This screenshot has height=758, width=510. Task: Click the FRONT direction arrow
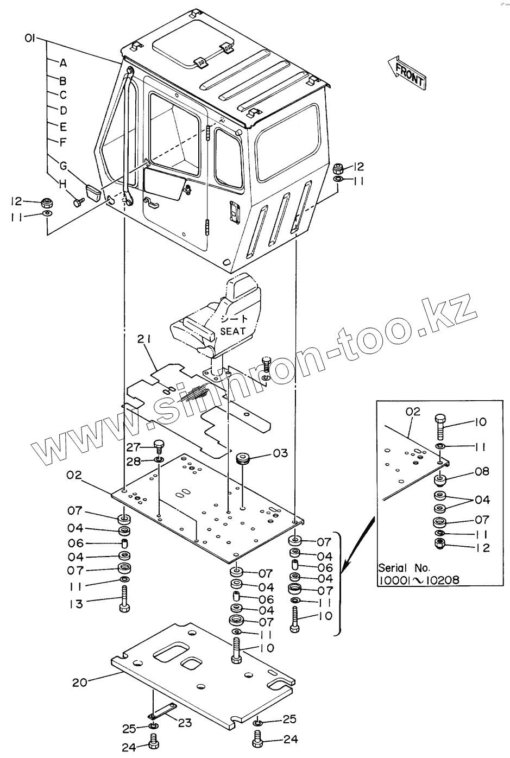tap(407, 71)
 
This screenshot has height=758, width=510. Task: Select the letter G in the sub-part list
tap(63, 164)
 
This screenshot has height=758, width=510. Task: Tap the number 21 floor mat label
tap(144, 340)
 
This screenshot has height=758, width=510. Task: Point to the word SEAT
tap(232, 330)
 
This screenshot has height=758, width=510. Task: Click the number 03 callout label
tap(280, 453)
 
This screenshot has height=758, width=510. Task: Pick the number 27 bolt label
tap(133, 447)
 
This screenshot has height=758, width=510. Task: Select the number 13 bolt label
tap(75, 604)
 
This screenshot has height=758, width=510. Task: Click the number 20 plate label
tap(79, 682)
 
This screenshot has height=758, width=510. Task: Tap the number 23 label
tap(185, 723)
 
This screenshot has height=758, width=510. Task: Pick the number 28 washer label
tap(133, 462)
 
